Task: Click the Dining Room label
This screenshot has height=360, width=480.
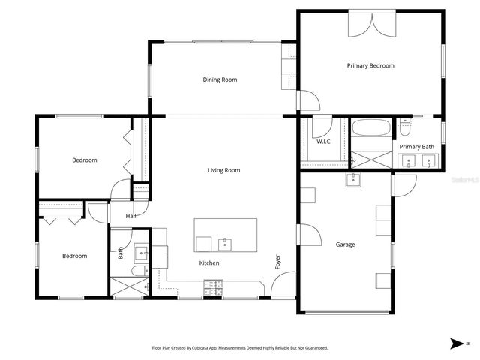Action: click(x=220, y=79)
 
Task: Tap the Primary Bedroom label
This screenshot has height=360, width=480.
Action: click(x=370, y=66)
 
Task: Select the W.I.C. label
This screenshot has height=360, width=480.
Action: click(x=324, y=142)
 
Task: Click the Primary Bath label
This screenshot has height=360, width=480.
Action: click(x=416, y=147)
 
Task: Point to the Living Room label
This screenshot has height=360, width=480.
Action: click(x=223, y=170)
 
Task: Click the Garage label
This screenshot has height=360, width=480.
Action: click(x=345, y=244)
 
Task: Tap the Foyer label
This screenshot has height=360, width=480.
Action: click(x=277, y=262)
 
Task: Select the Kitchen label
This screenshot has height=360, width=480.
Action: click(x=208, y=263)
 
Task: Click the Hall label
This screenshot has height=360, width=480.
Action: click(x=130, y=216)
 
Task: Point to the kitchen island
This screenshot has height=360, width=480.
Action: click(x=225, y=235)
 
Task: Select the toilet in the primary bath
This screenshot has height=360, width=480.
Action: click(x=405, y=127)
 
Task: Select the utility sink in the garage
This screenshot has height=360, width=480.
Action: click(x=352, y=179)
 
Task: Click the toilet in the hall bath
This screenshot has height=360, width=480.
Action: click(x=139, y=271)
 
